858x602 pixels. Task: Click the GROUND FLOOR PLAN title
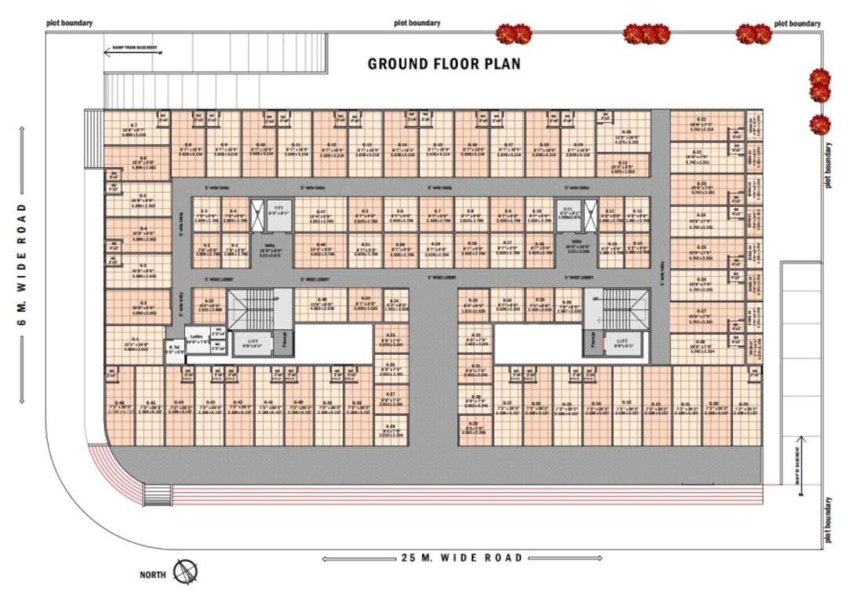(444, 63)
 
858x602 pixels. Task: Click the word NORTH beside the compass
(153, 575)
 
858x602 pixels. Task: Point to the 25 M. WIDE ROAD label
(461, 558)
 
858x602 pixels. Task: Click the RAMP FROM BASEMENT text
(132, 48)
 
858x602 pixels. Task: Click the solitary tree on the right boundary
(820, 125)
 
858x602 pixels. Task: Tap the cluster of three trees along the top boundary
(646, 34)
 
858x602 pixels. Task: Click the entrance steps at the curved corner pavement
(156, 495)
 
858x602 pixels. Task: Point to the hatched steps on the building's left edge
(93, 138)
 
